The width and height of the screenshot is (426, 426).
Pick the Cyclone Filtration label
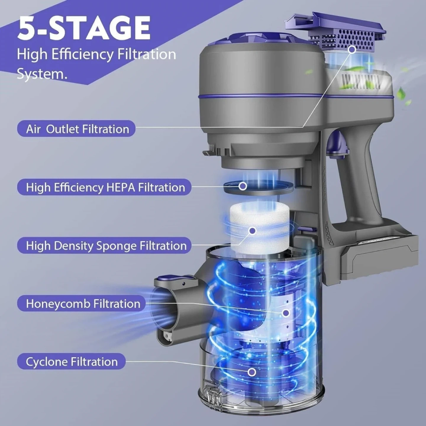click(x=72, y=362)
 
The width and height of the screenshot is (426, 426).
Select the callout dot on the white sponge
click(x=252, y=231)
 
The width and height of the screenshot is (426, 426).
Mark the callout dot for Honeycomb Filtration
click(x=286, y=313)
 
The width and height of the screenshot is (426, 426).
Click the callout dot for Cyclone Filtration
click(x=251, y=372)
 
